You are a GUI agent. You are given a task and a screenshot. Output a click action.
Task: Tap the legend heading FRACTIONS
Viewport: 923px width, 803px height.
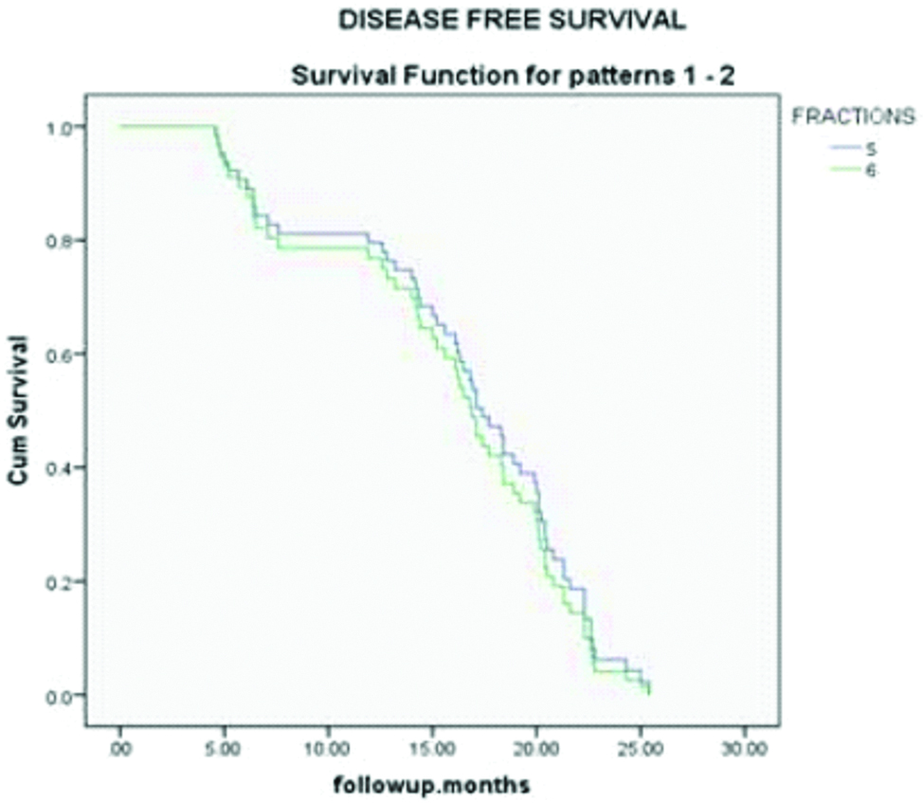(x=853, y=118)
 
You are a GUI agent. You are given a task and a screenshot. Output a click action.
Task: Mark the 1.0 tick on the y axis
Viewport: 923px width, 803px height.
(x=63, y=127)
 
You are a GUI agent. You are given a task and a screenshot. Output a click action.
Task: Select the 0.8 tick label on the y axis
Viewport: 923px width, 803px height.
(x=63, y=241)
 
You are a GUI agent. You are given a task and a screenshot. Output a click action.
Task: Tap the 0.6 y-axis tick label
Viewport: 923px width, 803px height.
(x=63, y=354)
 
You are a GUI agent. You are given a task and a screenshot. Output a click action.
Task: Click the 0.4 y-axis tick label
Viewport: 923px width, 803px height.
(x=63, y=467)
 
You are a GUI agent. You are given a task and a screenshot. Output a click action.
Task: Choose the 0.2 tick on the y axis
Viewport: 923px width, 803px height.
(x=63, y=581)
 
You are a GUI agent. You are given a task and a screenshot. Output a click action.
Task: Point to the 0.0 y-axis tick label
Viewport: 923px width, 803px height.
(x=63, y=695)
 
